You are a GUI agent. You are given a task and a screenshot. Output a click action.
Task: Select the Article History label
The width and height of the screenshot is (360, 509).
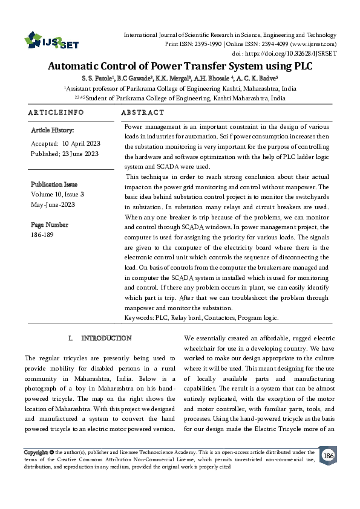pyautogui.click(x=52, y=130)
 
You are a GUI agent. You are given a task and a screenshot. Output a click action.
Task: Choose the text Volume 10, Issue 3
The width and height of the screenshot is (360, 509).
pyautogui.click(x=57, y=194)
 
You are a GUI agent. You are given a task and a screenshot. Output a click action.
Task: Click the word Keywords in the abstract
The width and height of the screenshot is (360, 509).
pyautogui.click(x=139, y=317)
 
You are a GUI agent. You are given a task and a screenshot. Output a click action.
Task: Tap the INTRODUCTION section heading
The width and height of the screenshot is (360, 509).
pyautogui.click(x=106, y=338)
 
